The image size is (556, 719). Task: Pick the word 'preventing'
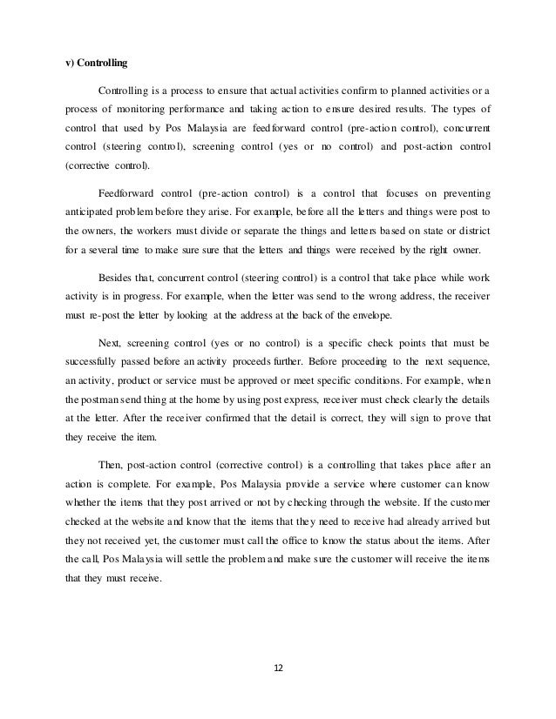[x=458, y=188]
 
